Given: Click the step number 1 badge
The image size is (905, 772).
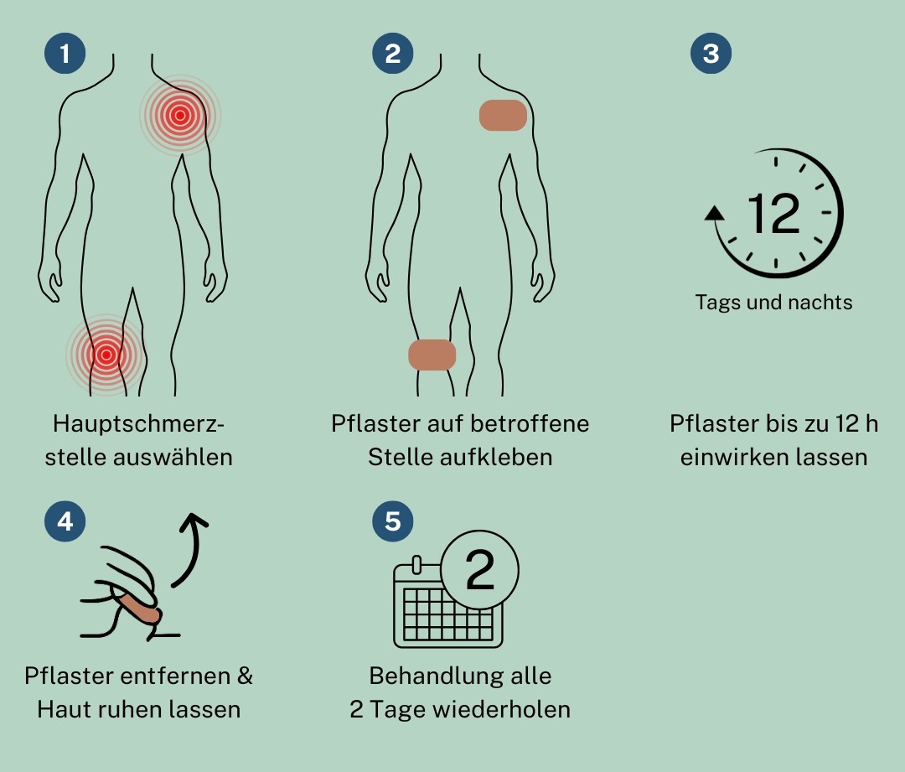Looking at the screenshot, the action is pyautogui.click(x=65, y=53).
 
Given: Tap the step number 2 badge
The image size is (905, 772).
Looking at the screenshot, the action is pyautogui.click(x=392, y=53).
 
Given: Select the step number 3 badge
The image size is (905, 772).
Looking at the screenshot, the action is pyautogui.click(x=711, y=53).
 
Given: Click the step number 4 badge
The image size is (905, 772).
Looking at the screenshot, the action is pyautogui.click(x=65, y=521).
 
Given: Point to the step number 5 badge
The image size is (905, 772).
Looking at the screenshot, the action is pyautogui.click(x=392, y=521).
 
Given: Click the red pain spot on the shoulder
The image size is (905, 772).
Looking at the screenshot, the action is pyautogui.click(x=180, y=116).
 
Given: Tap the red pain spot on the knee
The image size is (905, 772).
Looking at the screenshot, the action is pyautogui.click(x=106, y=355).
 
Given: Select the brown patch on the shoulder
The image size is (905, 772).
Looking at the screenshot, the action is pyautogui.click(x=504, y=115).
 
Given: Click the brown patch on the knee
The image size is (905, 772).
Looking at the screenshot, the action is pyautogui.click(x=432, y=355).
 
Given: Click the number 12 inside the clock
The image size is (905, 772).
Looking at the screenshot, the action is pyautogui.click(x=774, y=214).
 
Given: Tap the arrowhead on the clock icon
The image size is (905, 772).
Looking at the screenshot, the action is pyautogui.click(x=715, y=214).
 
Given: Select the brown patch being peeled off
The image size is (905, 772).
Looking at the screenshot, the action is pyautogui.click(x=137, y=605).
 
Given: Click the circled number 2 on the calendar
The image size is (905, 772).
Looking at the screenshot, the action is pyautogui.click(x=479, y=569).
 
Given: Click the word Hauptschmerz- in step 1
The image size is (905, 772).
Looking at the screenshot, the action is pyautogui.click(x=138, y=424).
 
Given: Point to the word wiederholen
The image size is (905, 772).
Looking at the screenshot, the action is pyautogui.click(x=504, y=709).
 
